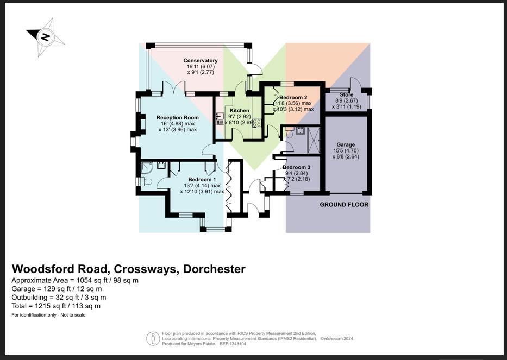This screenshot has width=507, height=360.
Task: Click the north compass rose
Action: (46, 37)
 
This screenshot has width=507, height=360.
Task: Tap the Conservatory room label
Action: (201, 61)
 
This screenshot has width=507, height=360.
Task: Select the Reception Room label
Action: (178, 117)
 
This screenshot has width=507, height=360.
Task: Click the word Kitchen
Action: (240, 111)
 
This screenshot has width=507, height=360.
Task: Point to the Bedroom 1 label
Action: (202, 180)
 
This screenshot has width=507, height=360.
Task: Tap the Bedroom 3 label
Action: (297, 167)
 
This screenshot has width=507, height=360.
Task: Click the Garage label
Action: (346, 144)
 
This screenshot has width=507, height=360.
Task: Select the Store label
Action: (346, 95)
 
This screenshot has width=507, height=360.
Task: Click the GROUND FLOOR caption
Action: (344, 205)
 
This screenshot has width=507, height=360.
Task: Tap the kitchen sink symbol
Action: (221, 118)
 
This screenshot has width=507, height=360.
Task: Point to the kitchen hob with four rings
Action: (256, 122)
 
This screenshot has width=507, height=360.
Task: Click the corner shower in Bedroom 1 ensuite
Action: (146, 168)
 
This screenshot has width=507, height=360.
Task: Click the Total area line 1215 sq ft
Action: (56, 306)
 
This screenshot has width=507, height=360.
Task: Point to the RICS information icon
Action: (153, 339)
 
